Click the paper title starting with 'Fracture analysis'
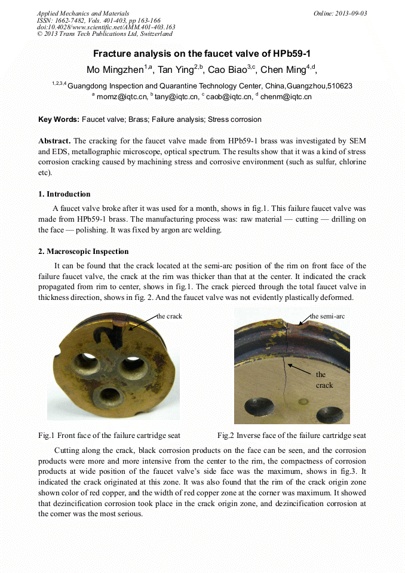(202, 53)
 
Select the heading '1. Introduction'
(64, 194)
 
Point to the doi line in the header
(106, 27)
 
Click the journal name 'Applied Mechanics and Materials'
(82, 13)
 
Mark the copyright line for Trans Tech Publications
(105, 34)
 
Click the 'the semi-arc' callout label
(327, 316)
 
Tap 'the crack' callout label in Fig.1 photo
(169, 316)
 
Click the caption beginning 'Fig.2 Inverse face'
(292, 436)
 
